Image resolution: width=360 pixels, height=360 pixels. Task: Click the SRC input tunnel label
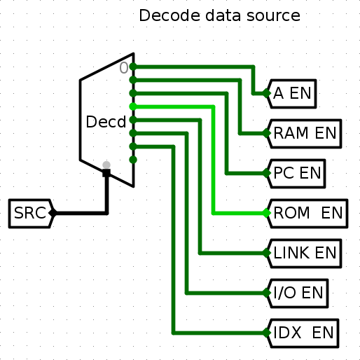[x=30, y=213]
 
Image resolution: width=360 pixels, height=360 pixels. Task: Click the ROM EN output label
[x=307, y=213]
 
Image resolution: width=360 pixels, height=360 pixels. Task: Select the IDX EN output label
[x=303, y=333]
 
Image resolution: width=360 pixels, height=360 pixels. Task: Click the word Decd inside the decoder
[x=106, y=122]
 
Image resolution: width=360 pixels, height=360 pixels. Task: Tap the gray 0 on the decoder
[x=124, y=68]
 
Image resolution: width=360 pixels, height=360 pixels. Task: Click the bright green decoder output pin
[x=133, y=106]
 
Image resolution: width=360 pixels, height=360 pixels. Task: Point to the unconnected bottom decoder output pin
[x=133, y=160]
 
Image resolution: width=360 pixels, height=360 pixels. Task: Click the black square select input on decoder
[x=106, y=173]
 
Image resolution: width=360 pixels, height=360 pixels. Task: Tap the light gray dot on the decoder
[x=106, y=165]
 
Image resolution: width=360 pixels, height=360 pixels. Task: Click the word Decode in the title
[x=169, y=15]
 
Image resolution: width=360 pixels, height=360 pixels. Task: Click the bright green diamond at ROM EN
[x=266, y=213]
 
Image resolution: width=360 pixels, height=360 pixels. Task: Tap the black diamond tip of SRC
[x=53, y=213]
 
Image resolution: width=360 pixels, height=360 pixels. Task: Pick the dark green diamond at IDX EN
[x=266, y=333]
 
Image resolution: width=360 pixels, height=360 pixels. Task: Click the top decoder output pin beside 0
[x=133, y=67]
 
